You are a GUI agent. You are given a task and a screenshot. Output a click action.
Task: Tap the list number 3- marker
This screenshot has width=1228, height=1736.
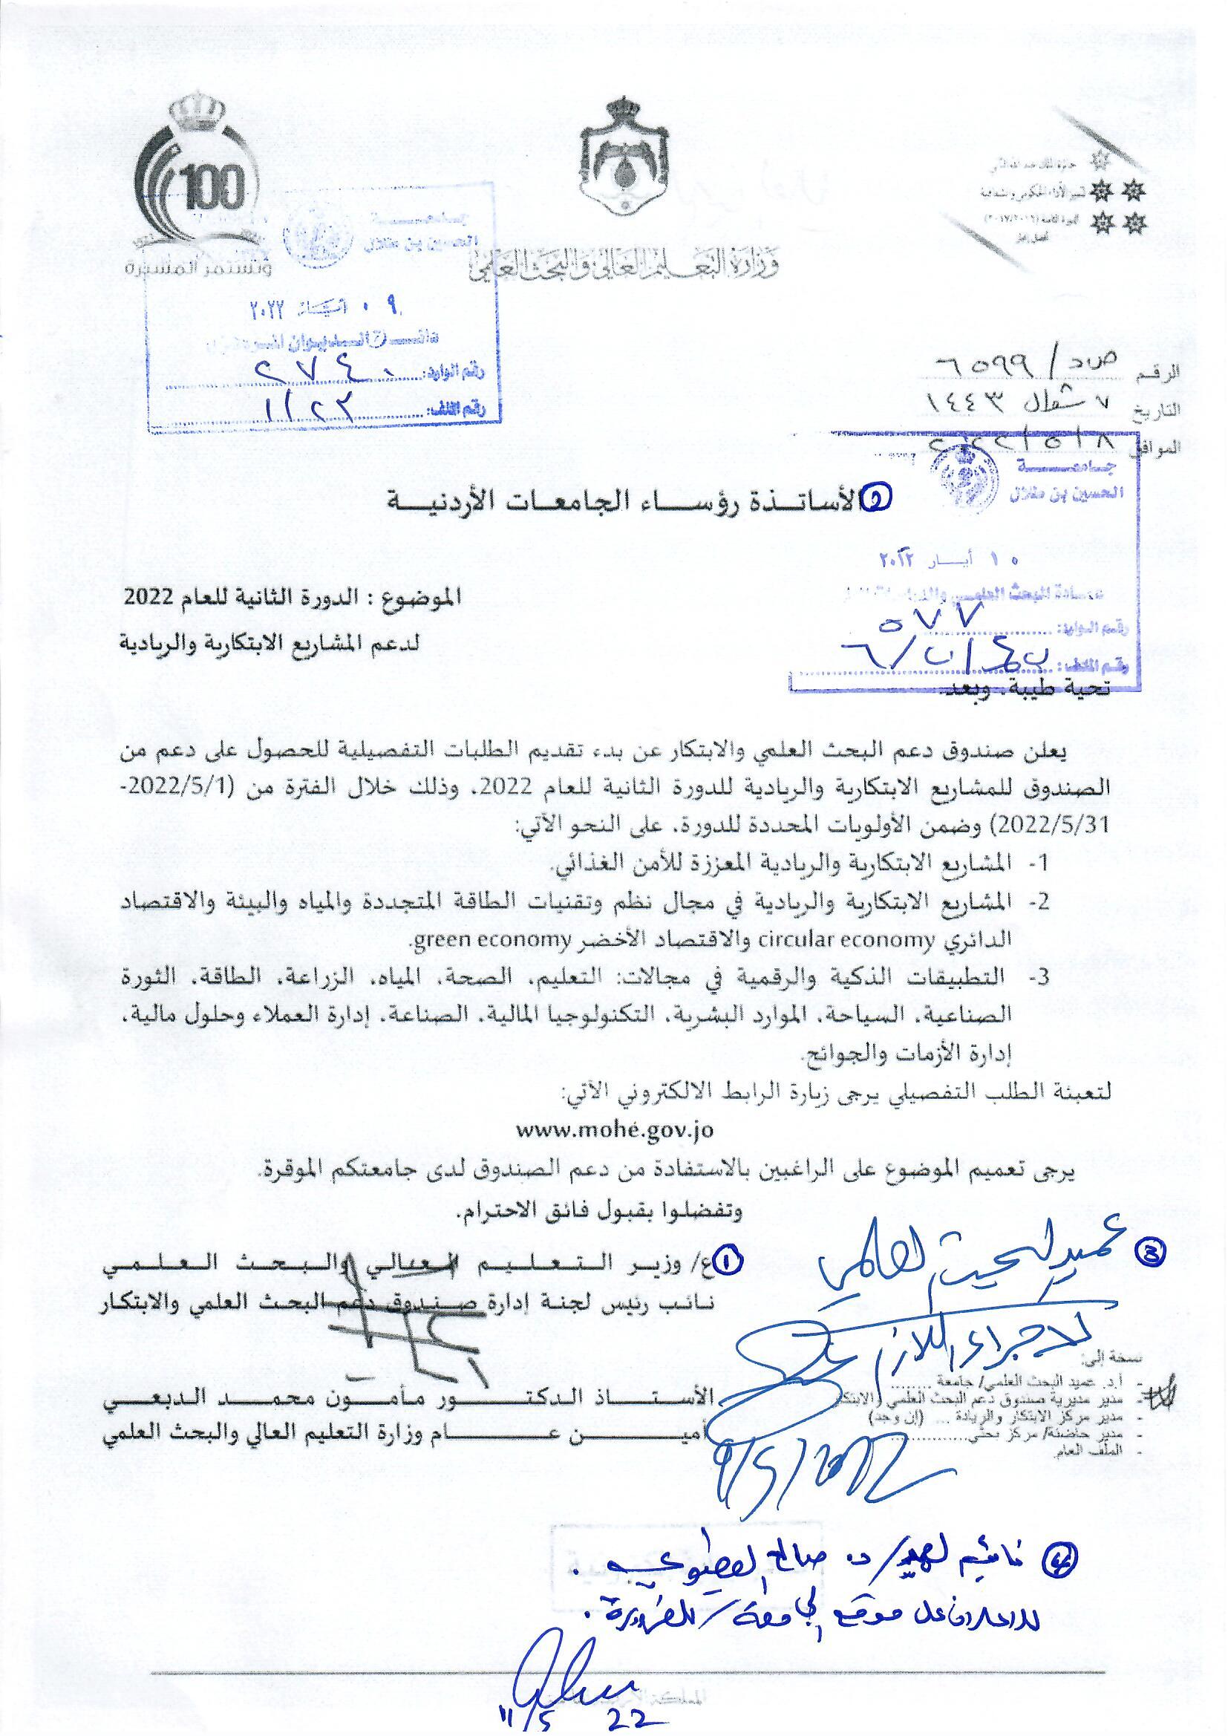click(x=1038, y=979)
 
